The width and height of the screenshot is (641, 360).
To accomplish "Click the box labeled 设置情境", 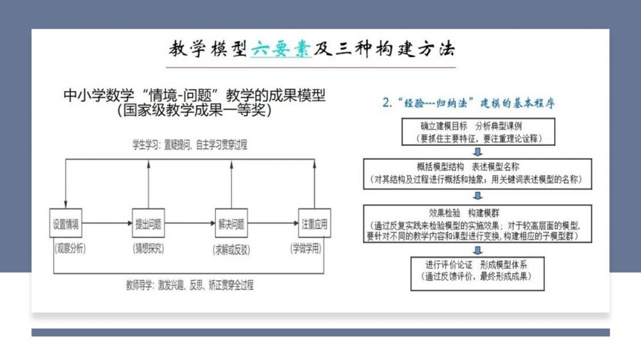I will tap(66, 224).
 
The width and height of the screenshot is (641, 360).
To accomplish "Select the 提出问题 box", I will tap(149, 224).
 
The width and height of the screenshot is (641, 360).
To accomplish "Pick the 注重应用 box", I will tap(314, 224).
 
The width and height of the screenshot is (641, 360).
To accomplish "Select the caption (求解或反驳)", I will tap(231, 247).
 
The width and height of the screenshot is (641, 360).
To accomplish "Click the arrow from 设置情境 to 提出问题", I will tap(107, 224).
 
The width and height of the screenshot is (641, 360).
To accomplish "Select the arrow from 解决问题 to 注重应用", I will tap(272, 224).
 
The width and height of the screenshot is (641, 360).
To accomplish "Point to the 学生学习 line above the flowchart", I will tap(190, 145).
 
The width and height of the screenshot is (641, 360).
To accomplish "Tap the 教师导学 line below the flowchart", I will tap(194, 285).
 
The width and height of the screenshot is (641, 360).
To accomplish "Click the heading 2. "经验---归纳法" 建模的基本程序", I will tap(471, 103).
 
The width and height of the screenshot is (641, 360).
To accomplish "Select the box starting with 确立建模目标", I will tap(475, 131).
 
